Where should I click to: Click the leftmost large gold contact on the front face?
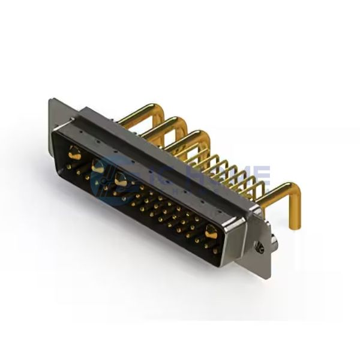point(76,155)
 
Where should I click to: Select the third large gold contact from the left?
point(120,178)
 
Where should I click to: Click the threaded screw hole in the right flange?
point(259,247)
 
